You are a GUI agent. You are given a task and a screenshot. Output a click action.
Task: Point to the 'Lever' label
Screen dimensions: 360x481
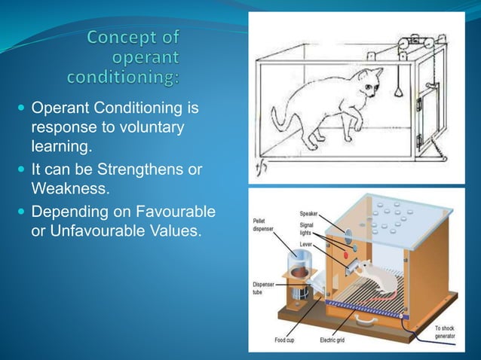click(307, 245)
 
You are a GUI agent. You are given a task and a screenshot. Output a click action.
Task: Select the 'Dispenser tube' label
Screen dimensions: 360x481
click(265, 288)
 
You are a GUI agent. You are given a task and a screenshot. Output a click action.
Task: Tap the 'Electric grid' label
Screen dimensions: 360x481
click(332, 340)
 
